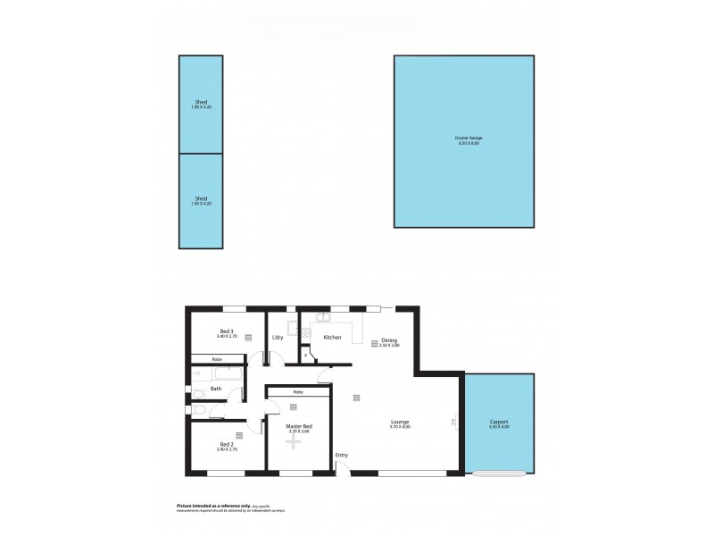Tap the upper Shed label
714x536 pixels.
tap(201, 102)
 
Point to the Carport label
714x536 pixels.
tap(498, 422)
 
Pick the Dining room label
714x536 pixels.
tap(389, 339)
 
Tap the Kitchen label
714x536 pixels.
tap(332, 338)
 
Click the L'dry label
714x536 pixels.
tap(278, 337)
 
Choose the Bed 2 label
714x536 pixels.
tap(226, 444)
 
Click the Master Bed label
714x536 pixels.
tap(299, 426)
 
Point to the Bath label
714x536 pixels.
tap(216, 389)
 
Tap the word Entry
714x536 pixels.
tap(342, 456)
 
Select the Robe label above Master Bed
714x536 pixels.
tap(297, 392)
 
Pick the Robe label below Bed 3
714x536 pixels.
tap(217, 359)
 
